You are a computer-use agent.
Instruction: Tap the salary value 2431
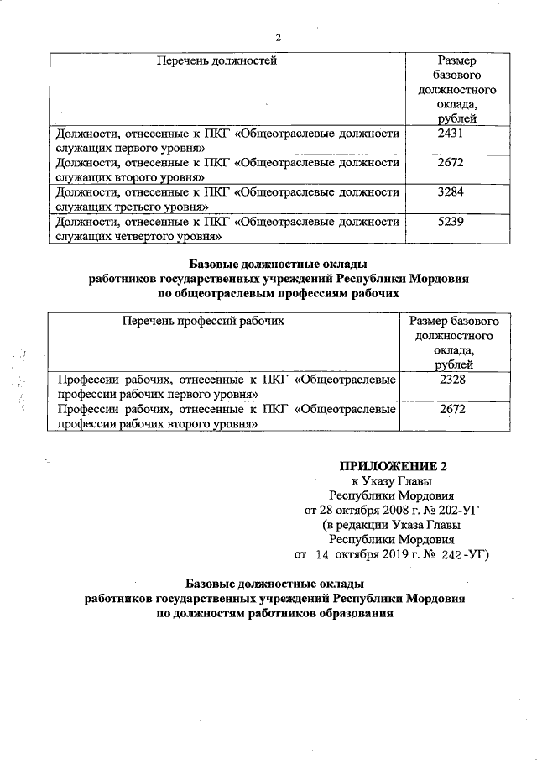pos(451,133)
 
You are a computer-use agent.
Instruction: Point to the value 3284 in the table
pos(451,191)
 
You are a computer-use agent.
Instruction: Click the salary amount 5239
pos(451,222)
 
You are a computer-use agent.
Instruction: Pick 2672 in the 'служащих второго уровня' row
pos(451,162)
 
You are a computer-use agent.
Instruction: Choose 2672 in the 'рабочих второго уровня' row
pos(451,410)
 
